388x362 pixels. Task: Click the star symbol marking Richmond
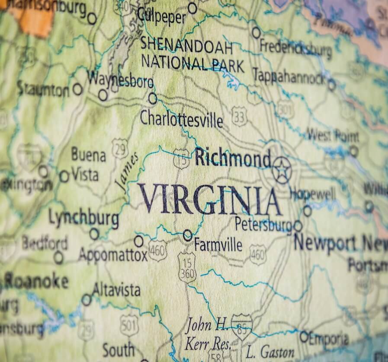coord(282,170)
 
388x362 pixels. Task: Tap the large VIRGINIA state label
coord(209,199)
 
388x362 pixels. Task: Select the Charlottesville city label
coord(181,119)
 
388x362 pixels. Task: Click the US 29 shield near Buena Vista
coord(120,148)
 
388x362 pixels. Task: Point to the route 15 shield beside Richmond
coord(181,159)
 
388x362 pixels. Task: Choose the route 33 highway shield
coord(239,116)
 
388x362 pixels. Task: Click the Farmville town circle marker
coord(187,235)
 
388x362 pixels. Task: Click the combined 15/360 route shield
coord(187,267)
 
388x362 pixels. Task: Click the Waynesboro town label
coord(120,80)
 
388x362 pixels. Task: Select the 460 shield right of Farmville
coord(258,254)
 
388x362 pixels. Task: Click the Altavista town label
coord(116,289)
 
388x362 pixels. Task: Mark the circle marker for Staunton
coord(77,89)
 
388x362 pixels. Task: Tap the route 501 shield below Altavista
coord(129,325)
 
